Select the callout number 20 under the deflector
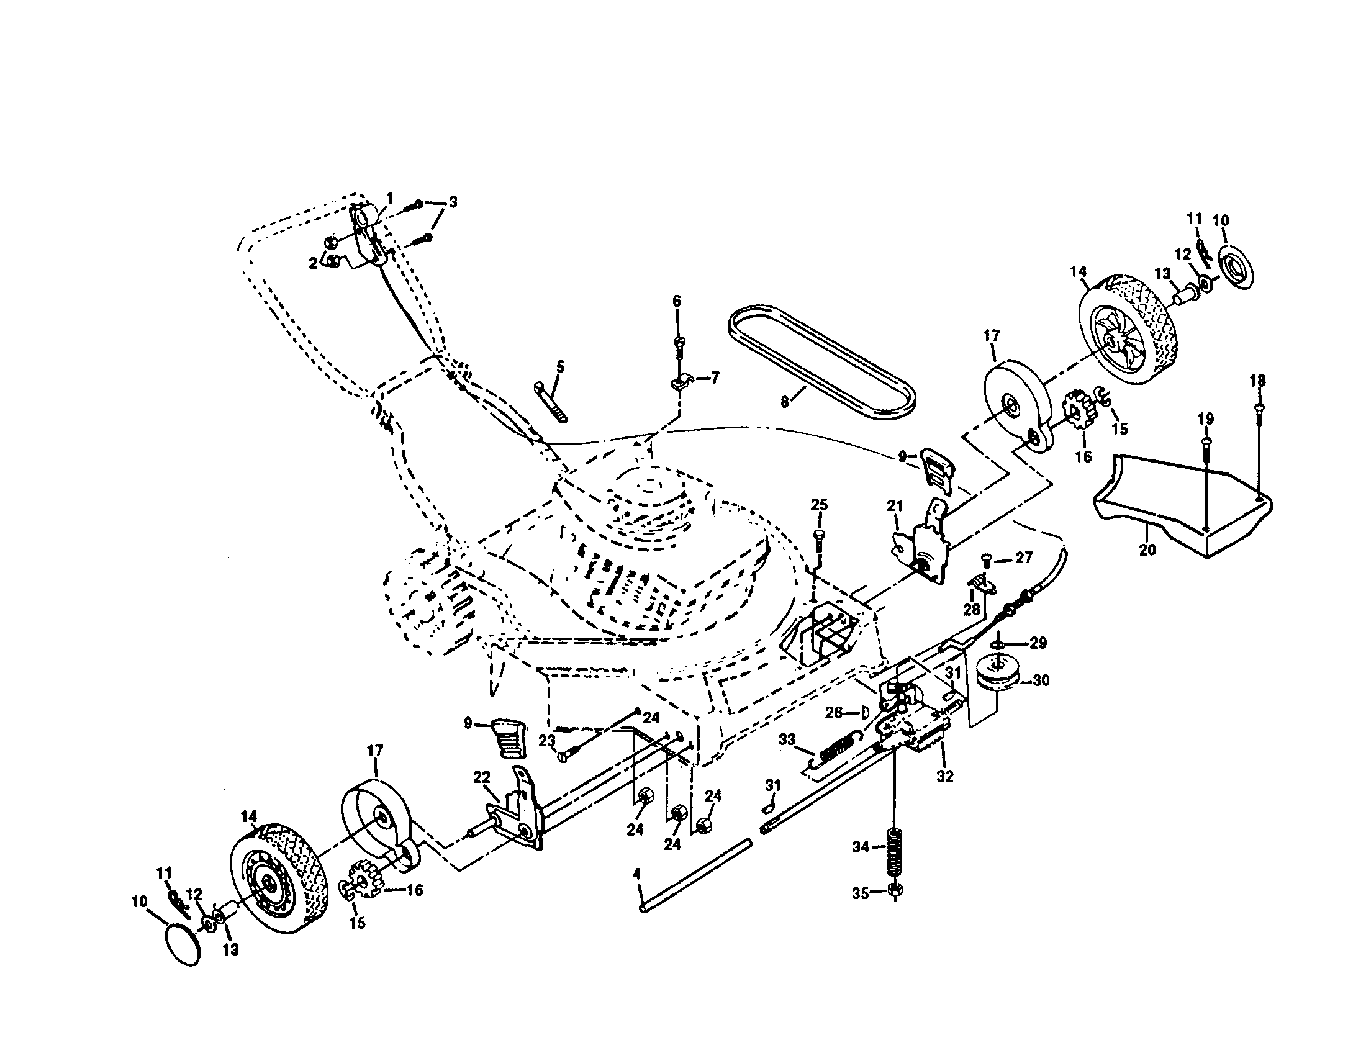click(x=1148, y=550)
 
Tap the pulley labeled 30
click(x=998, y=679)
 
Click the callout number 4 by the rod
click(x=636, y=874)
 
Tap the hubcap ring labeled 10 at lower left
click(x=183, y=948)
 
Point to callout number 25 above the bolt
click(x=819, y=505)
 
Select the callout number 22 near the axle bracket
click(x=481, y=777)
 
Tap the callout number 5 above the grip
click(x=560, y=367)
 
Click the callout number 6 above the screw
click(x=677, y=301)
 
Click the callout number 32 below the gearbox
click(x=944, y=776)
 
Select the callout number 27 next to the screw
click(x=1024, y=557)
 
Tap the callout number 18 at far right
click(x=1258, y=380)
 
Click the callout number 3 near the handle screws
click(x=453, y=202)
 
